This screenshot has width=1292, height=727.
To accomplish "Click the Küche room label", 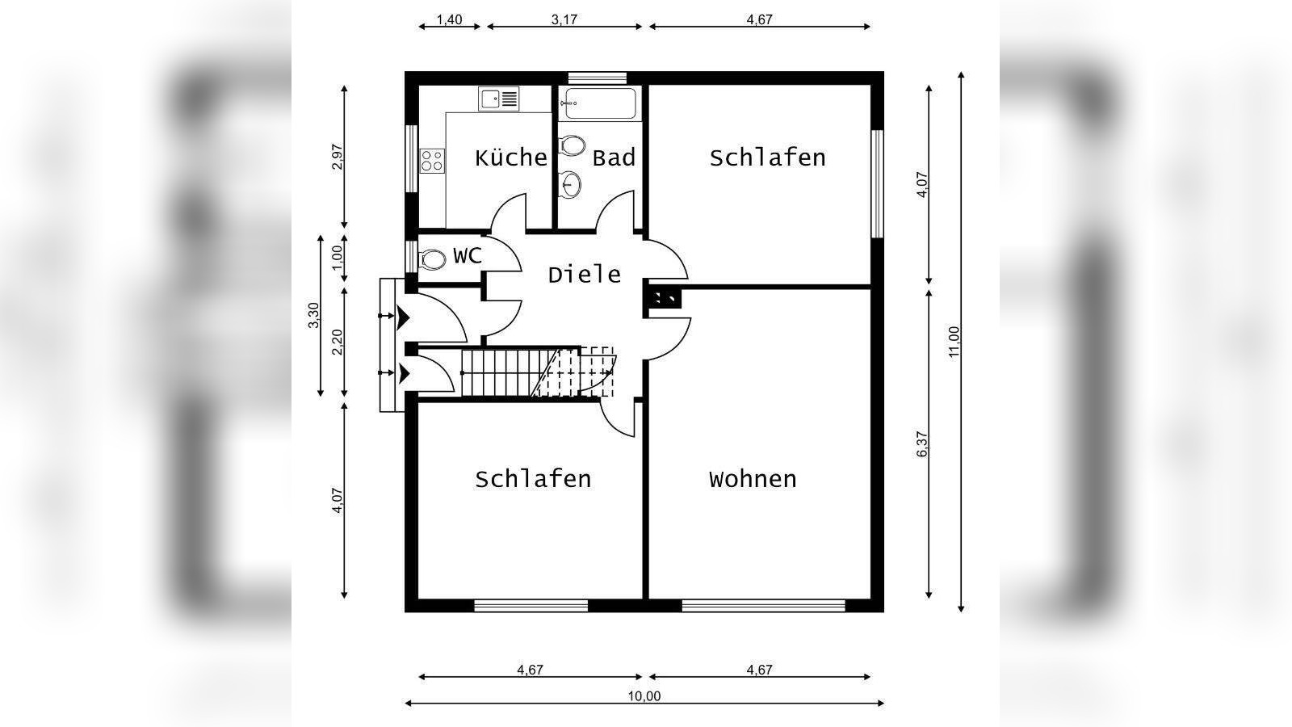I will (x=510, y=158).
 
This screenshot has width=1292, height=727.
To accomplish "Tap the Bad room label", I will (x=614, y=158).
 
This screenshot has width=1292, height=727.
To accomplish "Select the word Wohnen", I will (x=753, y=479).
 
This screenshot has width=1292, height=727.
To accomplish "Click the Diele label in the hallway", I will (x=585, y=275).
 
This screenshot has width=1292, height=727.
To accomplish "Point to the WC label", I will (x=468, y=256).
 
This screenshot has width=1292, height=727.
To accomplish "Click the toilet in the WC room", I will (x=432, y=259).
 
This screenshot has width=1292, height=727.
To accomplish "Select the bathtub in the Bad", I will (x=600, y=103).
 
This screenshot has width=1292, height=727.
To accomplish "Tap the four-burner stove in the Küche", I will (x=432, y=160).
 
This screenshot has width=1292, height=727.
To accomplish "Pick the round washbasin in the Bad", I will (x=571, y=184).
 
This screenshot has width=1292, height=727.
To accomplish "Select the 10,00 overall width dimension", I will (x=644, y=696).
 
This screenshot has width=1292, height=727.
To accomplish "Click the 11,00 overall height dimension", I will (x=954, y=341).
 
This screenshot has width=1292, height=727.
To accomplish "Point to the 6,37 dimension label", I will (x=922, y=444).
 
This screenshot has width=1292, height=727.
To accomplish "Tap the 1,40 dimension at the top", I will (x=449, y=19).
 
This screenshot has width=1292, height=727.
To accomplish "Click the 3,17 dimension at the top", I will (x=564, y=19).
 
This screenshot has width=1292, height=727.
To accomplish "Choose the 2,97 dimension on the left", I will (x=338, y=157).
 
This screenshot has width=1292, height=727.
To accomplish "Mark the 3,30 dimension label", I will (x=313, y=315).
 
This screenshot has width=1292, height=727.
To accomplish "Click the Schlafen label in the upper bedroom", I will (x=767, y=158).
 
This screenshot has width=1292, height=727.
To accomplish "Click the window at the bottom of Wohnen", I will (x=763, y=605).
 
